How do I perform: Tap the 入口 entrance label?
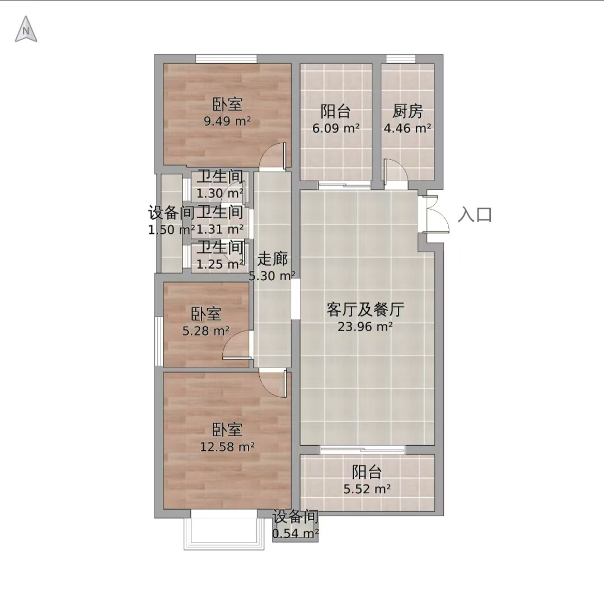tap(475, 215)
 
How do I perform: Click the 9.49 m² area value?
tap(227, 121)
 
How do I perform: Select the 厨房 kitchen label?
tap(407, 111)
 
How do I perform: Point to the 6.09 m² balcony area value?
tap(336, 128)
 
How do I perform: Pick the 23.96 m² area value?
tap(365, 327)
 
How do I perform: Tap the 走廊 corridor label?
tap(273, 259)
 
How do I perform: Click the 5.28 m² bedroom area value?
tap(206, 331)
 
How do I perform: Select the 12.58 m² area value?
tap(227, 446)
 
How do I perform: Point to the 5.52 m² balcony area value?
tap(367, 489)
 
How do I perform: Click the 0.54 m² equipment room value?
tap(295, 534)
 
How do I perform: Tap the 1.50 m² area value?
tap(171, 229)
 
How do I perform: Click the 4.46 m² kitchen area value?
tap(407, 128)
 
